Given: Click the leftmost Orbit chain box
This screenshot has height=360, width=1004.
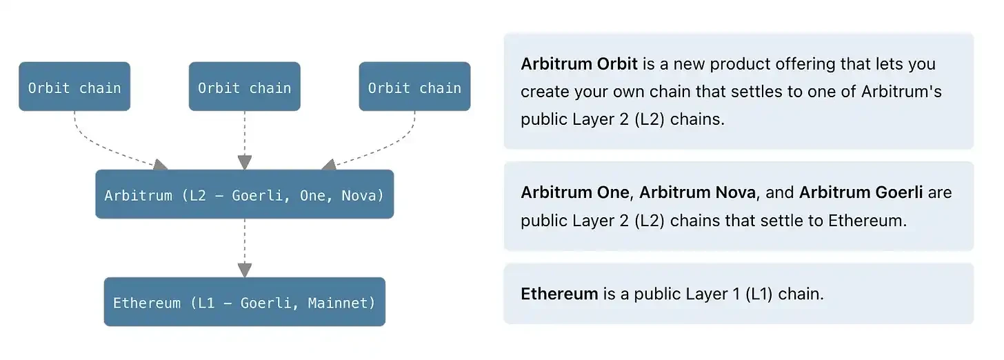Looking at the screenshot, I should pyautogui.click(x=74, y=87).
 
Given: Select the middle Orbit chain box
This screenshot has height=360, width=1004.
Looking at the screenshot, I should pyautogui.click(x=244, y=87).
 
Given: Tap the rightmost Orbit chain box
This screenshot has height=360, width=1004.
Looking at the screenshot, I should pyautogui.click(x=414, y=87).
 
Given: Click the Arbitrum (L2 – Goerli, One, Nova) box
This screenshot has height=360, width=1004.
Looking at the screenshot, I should pyautogui.click(x=244, y=194).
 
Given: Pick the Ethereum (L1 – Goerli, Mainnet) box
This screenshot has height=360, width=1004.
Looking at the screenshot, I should pyautogui.click(x=244, y=302).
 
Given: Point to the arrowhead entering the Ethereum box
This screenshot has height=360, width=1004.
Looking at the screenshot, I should pyautogui.click(x=244, y=270).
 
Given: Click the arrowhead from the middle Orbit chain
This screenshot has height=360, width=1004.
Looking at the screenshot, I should pyautogui.click(x=244, y=162).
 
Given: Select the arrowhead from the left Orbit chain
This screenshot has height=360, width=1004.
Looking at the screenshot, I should pyautogui.click(x=160, y=164).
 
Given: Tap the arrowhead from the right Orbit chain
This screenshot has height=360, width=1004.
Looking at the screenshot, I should pyautogui.click(x=329, y=164).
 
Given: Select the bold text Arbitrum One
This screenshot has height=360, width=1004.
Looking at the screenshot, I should pyautogui.click(x=575, y=192).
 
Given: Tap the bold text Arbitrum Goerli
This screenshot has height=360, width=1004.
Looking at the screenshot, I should pyautogui.click(x=861, y=192).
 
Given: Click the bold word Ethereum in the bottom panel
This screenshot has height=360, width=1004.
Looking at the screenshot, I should pyautogui.click(x=559, y=294).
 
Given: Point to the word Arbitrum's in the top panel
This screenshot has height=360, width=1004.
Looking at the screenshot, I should pyautogui.click(x=901, y=92).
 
